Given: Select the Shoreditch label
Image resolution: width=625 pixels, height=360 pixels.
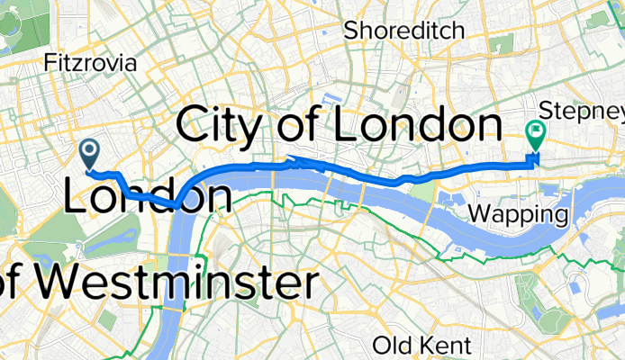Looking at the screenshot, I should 404,30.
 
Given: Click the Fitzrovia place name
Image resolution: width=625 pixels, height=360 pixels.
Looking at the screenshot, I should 91,63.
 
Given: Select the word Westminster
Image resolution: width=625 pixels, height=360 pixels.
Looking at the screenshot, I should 171,284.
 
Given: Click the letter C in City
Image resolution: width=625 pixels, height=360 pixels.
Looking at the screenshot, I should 194,125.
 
